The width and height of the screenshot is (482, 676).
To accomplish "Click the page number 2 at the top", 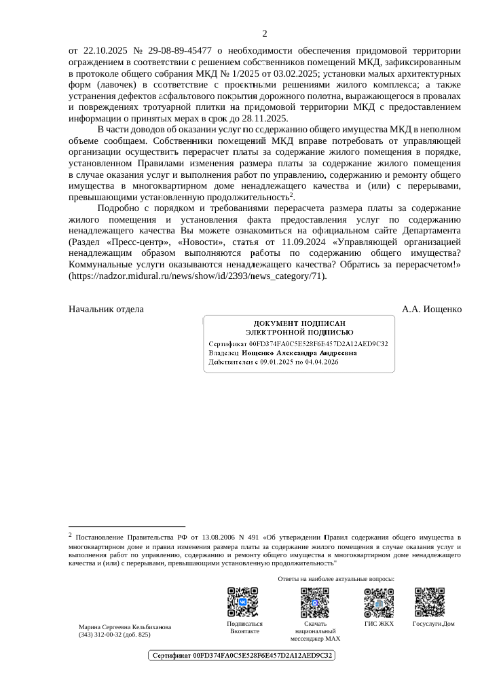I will (x=265, y=34).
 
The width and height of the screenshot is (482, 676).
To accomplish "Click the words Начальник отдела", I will (x=106, y=309).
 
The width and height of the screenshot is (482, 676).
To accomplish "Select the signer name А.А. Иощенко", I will (x=432, y=309).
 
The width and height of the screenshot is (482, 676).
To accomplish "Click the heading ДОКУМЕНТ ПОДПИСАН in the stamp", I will (x=299, y=324).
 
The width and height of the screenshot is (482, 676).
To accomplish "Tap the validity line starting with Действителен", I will (x=273, y=362).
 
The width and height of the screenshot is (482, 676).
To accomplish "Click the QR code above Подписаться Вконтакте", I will (x=242, y=601).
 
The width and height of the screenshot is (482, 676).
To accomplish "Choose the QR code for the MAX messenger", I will (x=315, y=601).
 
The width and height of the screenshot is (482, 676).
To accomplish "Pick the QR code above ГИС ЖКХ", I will (x=379, y=601).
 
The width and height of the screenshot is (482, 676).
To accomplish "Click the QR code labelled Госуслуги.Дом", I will (x=429, y=601).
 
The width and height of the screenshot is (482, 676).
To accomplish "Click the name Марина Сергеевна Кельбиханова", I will (x=125, y=627).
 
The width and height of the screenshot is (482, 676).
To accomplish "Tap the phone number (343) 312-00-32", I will (x=114, y=635).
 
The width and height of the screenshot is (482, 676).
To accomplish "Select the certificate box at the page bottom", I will (x=242, y=656).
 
